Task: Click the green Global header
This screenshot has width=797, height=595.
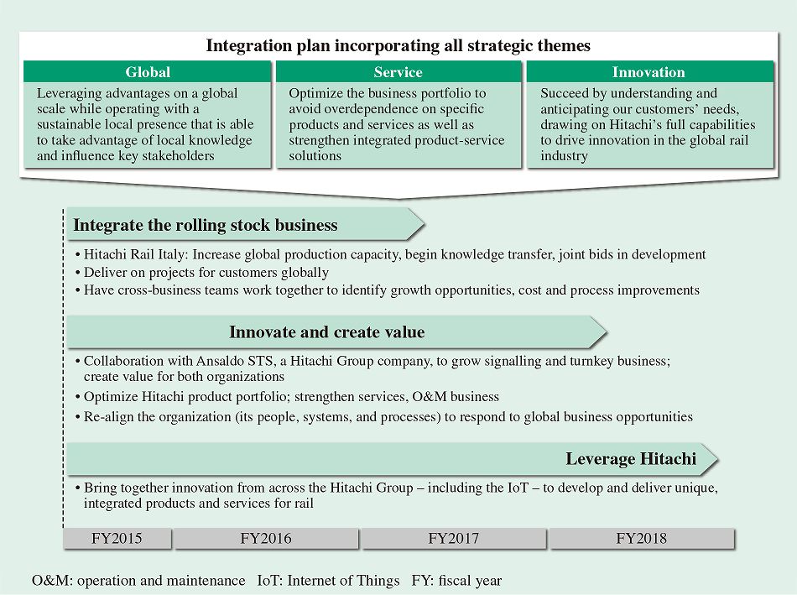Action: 148,72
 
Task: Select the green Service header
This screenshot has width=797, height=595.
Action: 398,72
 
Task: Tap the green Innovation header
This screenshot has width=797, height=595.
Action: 649,72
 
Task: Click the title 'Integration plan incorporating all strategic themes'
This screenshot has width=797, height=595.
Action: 398,45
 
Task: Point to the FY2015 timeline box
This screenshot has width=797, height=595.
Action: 117,539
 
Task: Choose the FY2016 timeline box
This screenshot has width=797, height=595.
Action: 266,539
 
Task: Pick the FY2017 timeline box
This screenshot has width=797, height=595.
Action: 454,539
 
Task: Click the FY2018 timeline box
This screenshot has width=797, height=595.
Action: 642,539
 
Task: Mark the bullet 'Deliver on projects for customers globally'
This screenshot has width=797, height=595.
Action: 206,273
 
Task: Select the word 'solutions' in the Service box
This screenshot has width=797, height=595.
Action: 315,155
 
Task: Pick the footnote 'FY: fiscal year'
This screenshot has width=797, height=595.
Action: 456,580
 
